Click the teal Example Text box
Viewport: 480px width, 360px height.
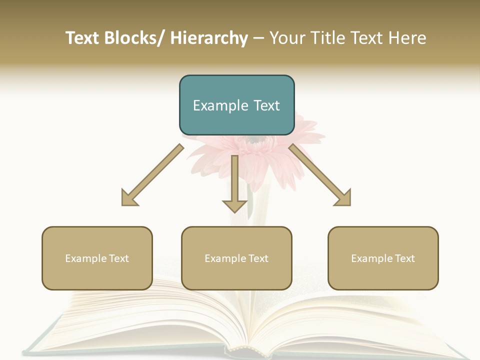point(236,105)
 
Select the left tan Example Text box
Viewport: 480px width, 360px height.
point(97,258)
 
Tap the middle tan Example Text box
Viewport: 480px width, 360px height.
point(236,258)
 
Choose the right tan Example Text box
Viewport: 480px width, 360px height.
point(383,258)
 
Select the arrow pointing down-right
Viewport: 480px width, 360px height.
point(320,175)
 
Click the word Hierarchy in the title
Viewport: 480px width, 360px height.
point(209,38)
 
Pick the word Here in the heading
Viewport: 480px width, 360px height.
point(408,38)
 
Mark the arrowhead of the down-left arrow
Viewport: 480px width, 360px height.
point(129,198)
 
